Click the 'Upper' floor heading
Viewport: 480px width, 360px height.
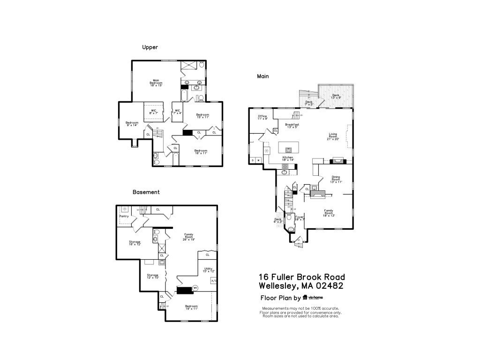click(x=150, y=47)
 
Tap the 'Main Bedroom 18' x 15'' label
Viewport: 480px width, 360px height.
click(x=156, y=82)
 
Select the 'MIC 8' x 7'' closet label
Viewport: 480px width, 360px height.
click(x=153, y=112)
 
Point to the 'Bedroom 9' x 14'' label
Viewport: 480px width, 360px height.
click(x=132, y=124)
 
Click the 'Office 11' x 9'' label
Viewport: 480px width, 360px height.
click(x=262, y=117)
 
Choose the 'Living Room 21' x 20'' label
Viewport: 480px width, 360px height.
click(x=333, y=136)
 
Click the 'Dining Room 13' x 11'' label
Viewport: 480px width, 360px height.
click(x=336, y=179)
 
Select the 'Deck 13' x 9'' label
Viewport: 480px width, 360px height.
click(x=336, y=96)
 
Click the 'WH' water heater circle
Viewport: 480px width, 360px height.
click(x=195, y=288)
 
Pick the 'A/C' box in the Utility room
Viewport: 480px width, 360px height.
click(x=214, y=281)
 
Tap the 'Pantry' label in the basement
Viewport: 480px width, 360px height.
click(x=124, y=216)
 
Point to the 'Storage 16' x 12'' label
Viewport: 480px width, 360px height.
click(x=135, y=243)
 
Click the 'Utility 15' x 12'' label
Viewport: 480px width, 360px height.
click(x=208, y=270)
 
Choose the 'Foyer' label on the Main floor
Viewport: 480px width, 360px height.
click(x=299, y=217)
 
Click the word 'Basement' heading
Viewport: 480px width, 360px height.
click(x=146, y=192)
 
